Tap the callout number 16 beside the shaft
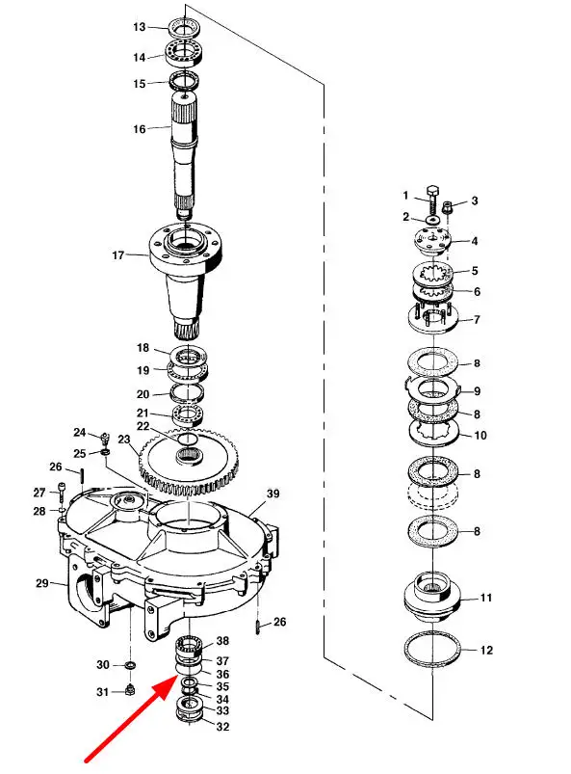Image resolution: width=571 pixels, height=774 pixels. click(x=140, y=129)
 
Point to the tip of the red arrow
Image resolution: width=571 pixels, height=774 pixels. click(x=176, y=679)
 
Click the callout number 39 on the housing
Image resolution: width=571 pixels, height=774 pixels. click(x=273, y=494)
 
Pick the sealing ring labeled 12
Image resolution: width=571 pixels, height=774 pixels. click(x=432, y=650)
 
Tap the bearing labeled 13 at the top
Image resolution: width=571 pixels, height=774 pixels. click(x=186, y=27)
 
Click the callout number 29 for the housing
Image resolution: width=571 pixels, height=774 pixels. click(x=42, y=583)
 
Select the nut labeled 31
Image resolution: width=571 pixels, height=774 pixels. click(x=130, y=689)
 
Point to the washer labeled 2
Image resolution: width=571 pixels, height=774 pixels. click(x=433, y=219)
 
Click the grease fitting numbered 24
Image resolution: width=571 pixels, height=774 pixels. click(x=105, y=437)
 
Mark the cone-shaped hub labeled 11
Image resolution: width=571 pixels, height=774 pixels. click(x=432, y=598)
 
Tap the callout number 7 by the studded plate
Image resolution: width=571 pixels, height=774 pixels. click(x=477, y=320)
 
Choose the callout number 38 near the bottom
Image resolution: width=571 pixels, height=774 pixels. click(x=222, y=641)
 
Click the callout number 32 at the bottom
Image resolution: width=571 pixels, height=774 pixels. click(x=222, y=727)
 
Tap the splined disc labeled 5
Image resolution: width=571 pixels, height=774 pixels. click(x=432, y=272)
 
